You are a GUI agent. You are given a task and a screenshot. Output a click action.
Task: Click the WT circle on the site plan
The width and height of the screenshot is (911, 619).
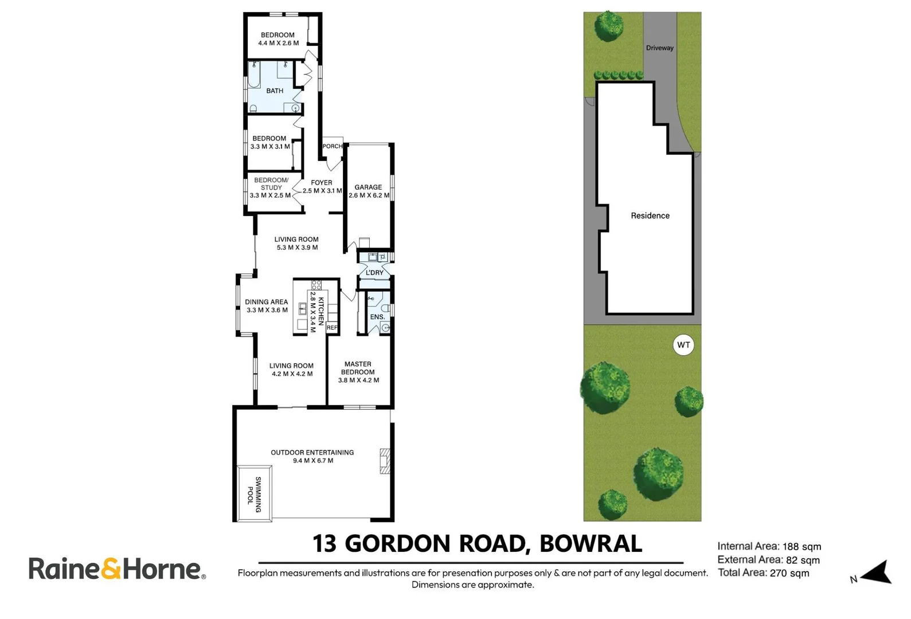[x=683, y=345]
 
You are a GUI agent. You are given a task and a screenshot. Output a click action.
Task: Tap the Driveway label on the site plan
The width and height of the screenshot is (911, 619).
[x=659, y=48]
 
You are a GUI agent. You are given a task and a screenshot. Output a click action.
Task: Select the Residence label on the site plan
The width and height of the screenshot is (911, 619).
[x=650, y=216]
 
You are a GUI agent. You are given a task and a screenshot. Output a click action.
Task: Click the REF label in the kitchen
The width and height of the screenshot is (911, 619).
[x=332, y=328]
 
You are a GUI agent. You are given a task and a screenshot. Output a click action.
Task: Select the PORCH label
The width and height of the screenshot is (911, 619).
[x=332, y=147]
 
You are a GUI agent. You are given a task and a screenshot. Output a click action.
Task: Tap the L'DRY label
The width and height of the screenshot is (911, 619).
[x=374, y=273]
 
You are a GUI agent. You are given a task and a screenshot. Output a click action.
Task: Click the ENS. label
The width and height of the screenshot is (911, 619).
[x=377, y=317]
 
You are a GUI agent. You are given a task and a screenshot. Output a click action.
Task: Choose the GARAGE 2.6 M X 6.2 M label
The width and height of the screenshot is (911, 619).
[x=369, y=191]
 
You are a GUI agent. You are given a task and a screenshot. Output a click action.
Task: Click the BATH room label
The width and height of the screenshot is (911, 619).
[x=275, y=91]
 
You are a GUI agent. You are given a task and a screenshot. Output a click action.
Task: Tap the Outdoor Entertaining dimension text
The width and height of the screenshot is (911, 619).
[x=312, y=461]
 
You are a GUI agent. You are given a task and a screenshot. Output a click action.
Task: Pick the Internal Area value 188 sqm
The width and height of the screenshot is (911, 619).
[x=801, y=547]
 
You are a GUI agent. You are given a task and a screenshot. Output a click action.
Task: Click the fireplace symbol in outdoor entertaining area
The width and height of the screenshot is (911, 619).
[x=385, y=461]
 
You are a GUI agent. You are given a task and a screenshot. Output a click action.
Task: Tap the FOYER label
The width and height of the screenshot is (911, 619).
[x=322, y=183]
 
